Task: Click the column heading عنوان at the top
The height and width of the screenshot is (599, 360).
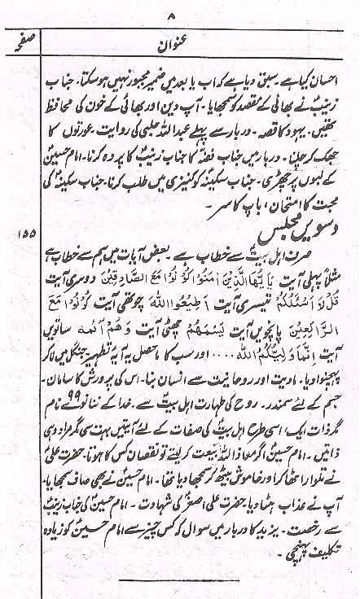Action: point(194,37)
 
